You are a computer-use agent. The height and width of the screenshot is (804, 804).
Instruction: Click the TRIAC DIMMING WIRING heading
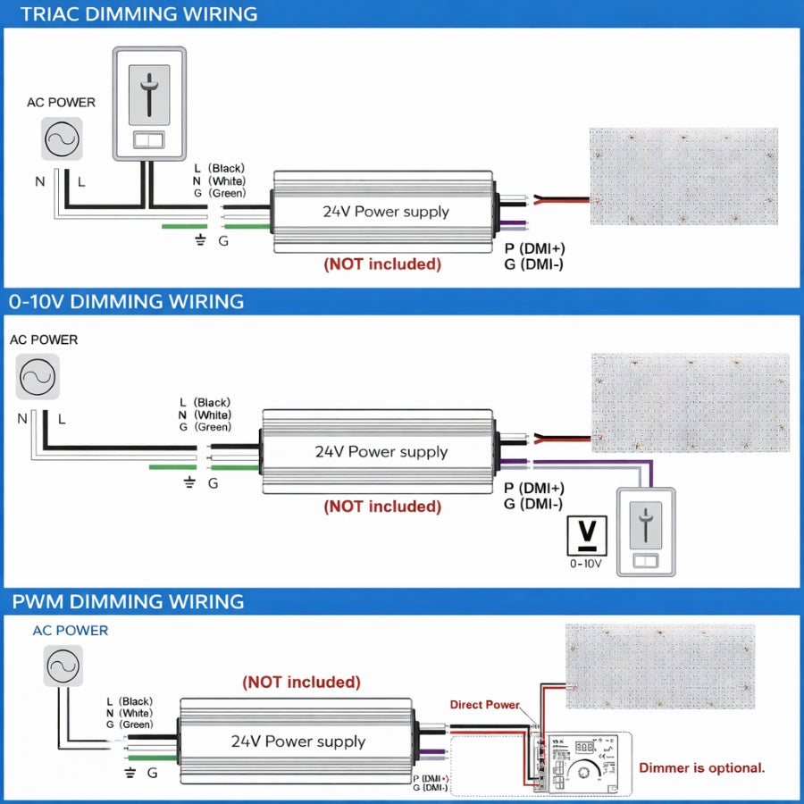point(138,14)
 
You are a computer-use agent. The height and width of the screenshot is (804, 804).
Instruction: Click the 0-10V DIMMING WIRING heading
point(126,301)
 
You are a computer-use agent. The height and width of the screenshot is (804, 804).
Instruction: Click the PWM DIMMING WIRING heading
point(126,600)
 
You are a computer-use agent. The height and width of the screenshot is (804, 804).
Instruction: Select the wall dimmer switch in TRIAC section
point(149,104)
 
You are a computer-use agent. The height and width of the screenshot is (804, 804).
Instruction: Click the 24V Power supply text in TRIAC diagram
point(386,212)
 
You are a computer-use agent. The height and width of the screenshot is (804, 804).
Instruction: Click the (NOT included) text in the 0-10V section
point(382,507)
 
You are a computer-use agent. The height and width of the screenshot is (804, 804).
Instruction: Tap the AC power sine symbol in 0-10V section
point(38,376)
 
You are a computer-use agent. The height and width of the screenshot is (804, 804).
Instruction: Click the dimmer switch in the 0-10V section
point(645,532)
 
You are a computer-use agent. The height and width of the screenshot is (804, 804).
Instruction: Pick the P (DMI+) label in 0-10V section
point(534,489)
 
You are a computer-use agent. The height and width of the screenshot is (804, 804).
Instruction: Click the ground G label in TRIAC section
point(223,240)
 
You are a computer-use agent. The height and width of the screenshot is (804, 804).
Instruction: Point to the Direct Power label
point(484,705)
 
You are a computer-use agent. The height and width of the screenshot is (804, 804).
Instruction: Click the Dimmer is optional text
point(702,767)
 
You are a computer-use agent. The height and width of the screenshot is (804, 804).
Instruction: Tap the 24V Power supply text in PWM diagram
point(298,741)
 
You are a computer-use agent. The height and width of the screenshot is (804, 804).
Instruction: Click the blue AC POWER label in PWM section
point(71,630)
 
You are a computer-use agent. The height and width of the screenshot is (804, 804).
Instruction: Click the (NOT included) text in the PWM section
point(301,682)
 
